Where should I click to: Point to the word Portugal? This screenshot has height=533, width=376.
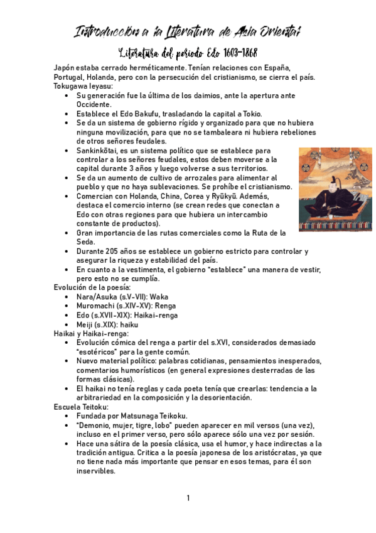pyautogui.click(x=70, y=77)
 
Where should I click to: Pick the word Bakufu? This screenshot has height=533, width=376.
pyautogui.click(x=134, y=114)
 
